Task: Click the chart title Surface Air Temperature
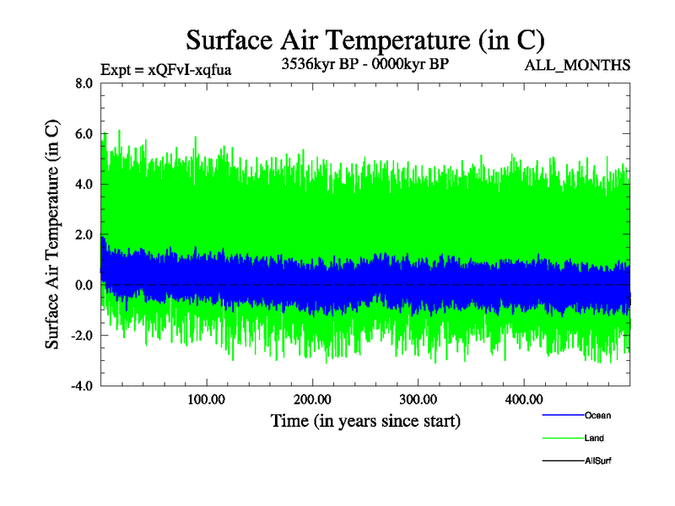364,40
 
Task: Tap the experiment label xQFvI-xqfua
165,70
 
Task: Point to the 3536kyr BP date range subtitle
364,64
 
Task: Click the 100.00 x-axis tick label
207,399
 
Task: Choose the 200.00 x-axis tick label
312,399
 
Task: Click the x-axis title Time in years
365,420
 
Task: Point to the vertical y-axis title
52,234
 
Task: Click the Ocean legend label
597,416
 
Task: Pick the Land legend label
594,439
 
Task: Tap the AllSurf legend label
597,461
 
